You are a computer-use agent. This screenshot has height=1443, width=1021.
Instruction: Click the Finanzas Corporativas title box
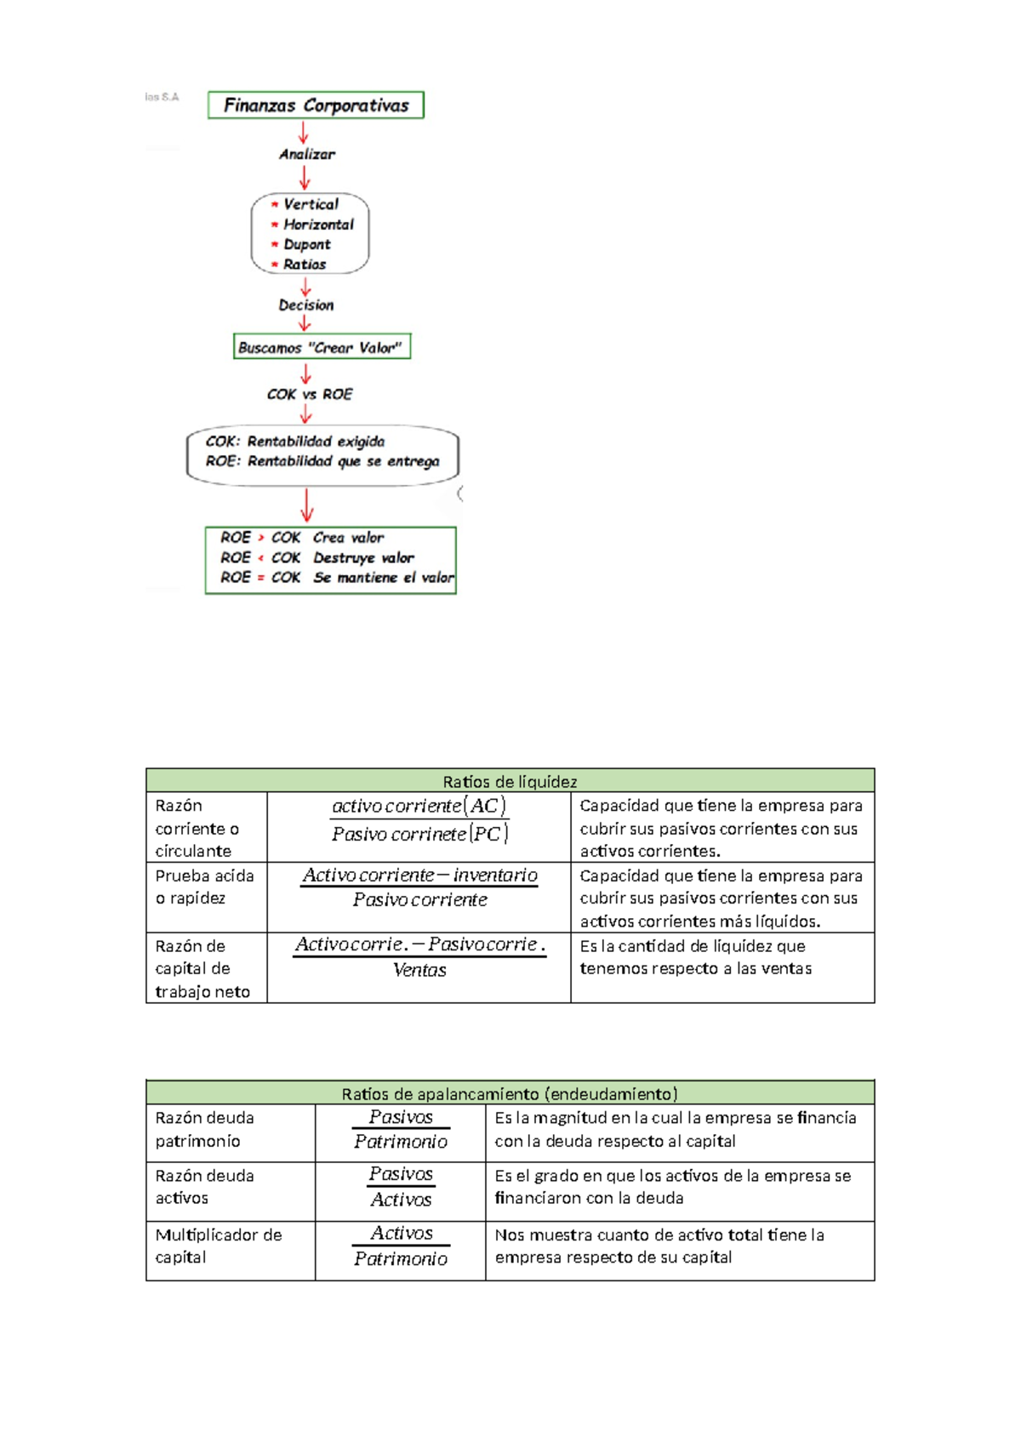pos(316,105)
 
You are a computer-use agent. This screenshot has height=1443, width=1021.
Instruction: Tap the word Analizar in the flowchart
pos(307,154)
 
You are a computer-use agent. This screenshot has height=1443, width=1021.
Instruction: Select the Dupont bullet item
pos(306,244)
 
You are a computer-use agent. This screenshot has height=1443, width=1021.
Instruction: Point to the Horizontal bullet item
pos(317,225)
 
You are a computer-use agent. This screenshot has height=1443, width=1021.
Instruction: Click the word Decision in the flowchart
pos(306,305)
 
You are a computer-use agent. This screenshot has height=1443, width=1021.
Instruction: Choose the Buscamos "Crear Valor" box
pos(322,347)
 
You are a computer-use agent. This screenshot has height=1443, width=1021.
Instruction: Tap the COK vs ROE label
pos(310,394)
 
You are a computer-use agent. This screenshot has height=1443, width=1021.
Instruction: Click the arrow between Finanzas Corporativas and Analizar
pos(303,132)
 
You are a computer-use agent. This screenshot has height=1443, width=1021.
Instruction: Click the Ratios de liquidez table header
pos(510,781)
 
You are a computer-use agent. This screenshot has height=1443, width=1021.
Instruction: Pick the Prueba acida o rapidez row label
pos(204,887)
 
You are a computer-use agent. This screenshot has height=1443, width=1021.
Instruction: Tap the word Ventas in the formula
pos(419,970)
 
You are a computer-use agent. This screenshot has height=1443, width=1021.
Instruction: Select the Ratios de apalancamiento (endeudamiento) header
pos(510,1093)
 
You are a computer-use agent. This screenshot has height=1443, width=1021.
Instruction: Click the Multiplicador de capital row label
pos(218,1246)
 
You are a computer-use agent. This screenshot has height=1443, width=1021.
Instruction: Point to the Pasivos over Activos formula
pos(401,1187)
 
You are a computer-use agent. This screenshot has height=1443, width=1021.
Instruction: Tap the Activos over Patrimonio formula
pos(401,1246)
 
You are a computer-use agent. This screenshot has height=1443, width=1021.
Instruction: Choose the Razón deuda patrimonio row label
pos(204,1129)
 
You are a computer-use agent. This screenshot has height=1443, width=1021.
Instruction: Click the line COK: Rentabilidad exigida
pos(295,442)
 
